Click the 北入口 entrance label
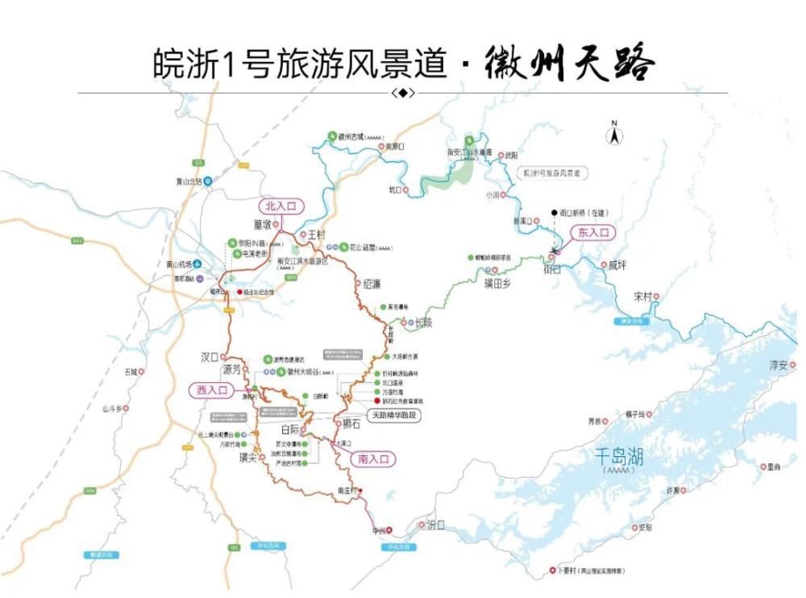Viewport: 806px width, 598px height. click(281, 206)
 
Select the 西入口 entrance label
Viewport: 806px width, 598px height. click(209, 390)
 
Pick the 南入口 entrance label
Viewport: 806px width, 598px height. click(374, 459)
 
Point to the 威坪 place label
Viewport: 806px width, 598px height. click(617, 264)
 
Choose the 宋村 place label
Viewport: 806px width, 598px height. click(642, 297)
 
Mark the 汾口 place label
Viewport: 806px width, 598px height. click(435, 525)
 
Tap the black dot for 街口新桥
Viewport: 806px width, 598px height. click(554, 213)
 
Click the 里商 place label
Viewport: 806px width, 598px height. click(774, 467)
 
